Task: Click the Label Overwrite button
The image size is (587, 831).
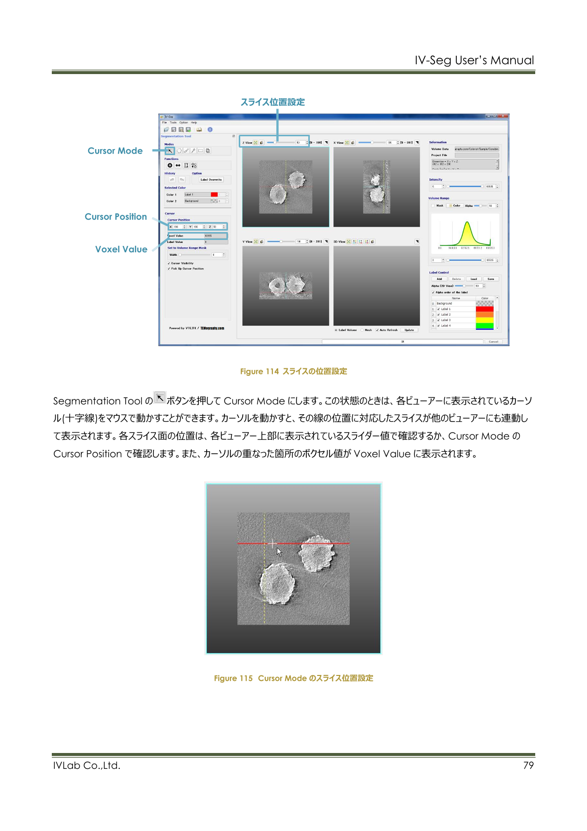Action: (211, 180)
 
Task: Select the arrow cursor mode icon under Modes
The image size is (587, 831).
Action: (170, 151)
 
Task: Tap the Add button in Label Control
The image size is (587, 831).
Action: (439, 279)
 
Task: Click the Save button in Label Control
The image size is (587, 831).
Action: (491, 279)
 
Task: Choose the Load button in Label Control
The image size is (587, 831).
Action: (474, 279)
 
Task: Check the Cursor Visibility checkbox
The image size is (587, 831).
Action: (169, 263)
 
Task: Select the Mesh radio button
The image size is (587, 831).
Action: (362, 330)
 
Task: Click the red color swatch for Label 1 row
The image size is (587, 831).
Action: (484, 309)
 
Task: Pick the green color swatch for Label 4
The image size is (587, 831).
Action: (484, 325)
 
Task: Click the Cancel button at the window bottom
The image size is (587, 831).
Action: (493, 342)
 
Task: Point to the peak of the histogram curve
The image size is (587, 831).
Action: (466, 224)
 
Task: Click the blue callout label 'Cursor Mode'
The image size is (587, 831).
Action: (115, 151)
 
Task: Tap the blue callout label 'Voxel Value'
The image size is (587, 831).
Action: (121, 249)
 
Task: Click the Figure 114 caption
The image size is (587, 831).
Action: (293, 371)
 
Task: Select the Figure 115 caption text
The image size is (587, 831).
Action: (293, 678)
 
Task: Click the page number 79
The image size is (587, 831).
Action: (528, 765)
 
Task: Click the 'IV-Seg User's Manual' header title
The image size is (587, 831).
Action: (474, 60)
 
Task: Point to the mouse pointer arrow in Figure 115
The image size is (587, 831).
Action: (279, 552)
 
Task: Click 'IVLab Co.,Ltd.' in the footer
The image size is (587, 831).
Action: (87, 765)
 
